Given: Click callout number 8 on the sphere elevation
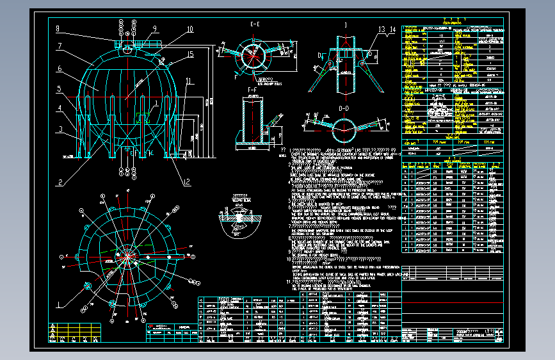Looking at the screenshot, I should pos(57,28).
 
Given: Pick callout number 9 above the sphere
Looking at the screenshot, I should pos(154,29).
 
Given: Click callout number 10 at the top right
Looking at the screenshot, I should pos(189,29).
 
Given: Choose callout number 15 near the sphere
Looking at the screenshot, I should pos(190,55).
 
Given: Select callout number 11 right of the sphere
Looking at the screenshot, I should pos(188,81).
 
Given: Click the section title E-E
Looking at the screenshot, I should pos(254,24).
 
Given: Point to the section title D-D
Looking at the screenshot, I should pos(344,108).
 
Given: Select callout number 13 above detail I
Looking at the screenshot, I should pos(382,29).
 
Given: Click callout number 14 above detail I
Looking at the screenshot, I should pos(392,29).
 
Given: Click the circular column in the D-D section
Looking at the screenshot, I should pos(344,133).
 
